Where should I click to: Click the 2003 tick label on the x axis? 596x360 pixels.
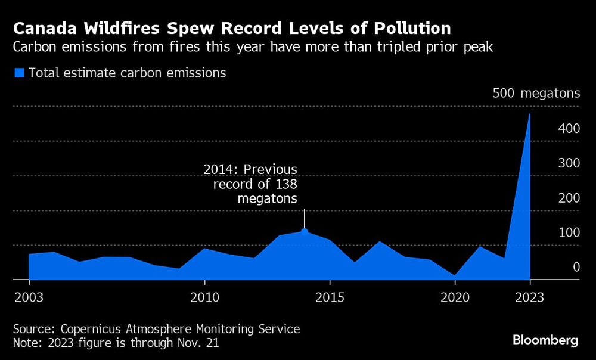(x=29, y=296)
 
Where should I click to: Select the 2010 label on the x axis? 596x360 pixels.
(x=204, y=296)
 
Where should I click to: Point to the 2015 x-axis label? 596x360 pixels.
(x=330, y=296)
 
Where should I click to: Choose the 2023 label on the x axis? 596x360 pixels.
(x=530, y=296)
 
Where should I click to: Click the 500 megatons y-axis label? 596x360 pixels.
(x=536, y=94)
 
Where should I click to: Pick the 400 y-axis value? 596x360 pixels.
(x=569, y=128)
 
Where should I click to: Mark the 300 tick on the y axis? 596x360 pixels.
(x=569, y=163)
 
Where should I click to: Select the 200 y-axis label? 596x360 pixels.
(x=569, y=197)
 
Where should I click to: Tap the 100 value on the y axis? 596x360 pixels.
(x=569, y=232)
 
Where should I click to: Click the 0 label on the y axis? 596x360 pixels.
(x=576, y=266)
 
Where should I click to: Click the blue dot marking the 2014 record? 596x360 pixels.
(x=305, y=231)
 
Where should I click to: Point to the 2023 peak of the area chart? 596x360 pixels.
(x=530, y=114)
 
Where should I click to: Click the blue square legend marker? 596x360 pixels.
(x=19, y=73)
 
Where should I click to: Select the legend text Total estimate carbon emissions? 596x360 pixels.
(x=127, y=73)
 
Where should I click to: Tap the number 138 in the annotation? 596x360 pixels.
(x=285, y=184)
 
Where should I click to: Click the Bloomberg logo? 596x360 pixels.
(x=545, y=340)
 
